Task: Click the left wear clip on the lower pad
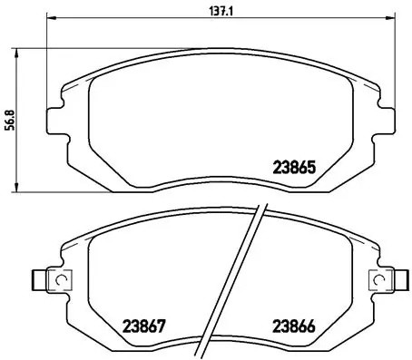[44, 281]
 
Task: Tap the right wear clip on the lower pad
[380, 281]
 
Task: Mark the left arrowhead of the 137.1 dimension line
[50, 19]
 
